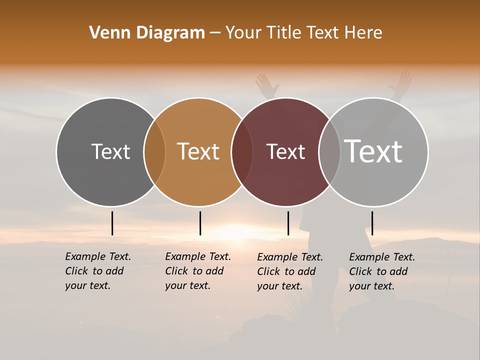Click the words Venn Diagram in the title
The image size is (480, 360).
coord(147,33)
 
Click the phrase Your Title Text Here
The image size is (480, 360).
coord(303,33)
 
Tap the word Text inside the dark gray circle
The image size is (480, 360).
coord(110,151)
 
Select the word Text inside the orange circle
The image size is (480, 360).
coord(198,151)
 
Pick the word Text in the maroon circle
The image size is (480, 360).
coord(285,151)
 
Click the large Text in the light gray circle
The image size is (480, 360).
coord(373,151)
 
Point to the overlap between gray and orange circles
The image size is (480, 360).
coord(154,152)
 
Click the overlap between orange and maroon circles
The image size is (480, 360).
coord(242,152)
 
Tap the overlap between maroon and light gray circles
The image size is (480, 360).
coord(329,152)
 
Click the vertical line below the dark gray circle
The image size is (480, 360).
coord(112,223)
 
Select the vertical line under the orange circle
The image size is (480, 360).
coord(200,223)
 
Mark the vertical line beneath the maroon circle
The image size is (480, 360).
coord(288,223)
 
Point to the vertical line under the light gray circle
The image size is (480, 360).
coord(372,223)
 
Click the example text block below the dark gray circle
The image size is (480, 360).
coord(97,271)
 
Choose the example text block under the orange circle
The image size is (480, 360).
coord(197,271)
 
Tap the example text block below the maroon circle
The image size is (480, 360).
coord(289,271)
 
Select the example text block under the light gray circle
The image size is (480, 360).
coord(381,271)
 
